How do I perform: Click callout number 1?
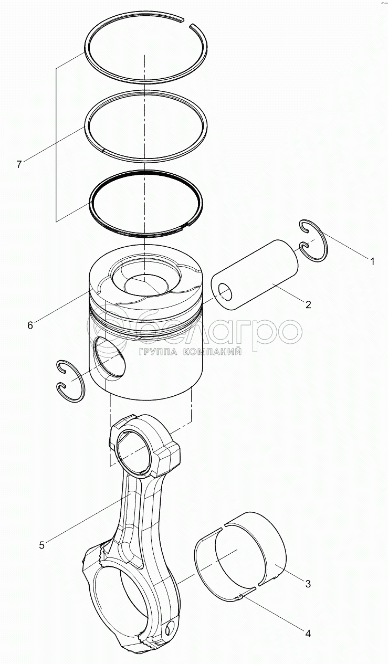(x=372, y=261)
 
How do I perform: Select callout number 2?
(x=308, y=304)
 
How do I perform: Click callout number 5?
(x=42, y=545)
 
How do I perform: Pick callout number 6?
(x=30, y=325)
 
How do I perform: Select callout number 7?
(x=19, y=164)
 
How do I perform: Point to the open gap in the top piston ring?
(x=187, y=23)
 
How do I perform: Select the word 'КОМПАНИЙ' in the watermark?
(x=212, y=352)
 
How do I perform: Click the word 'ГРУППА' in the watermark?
(x=157, y=352)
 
